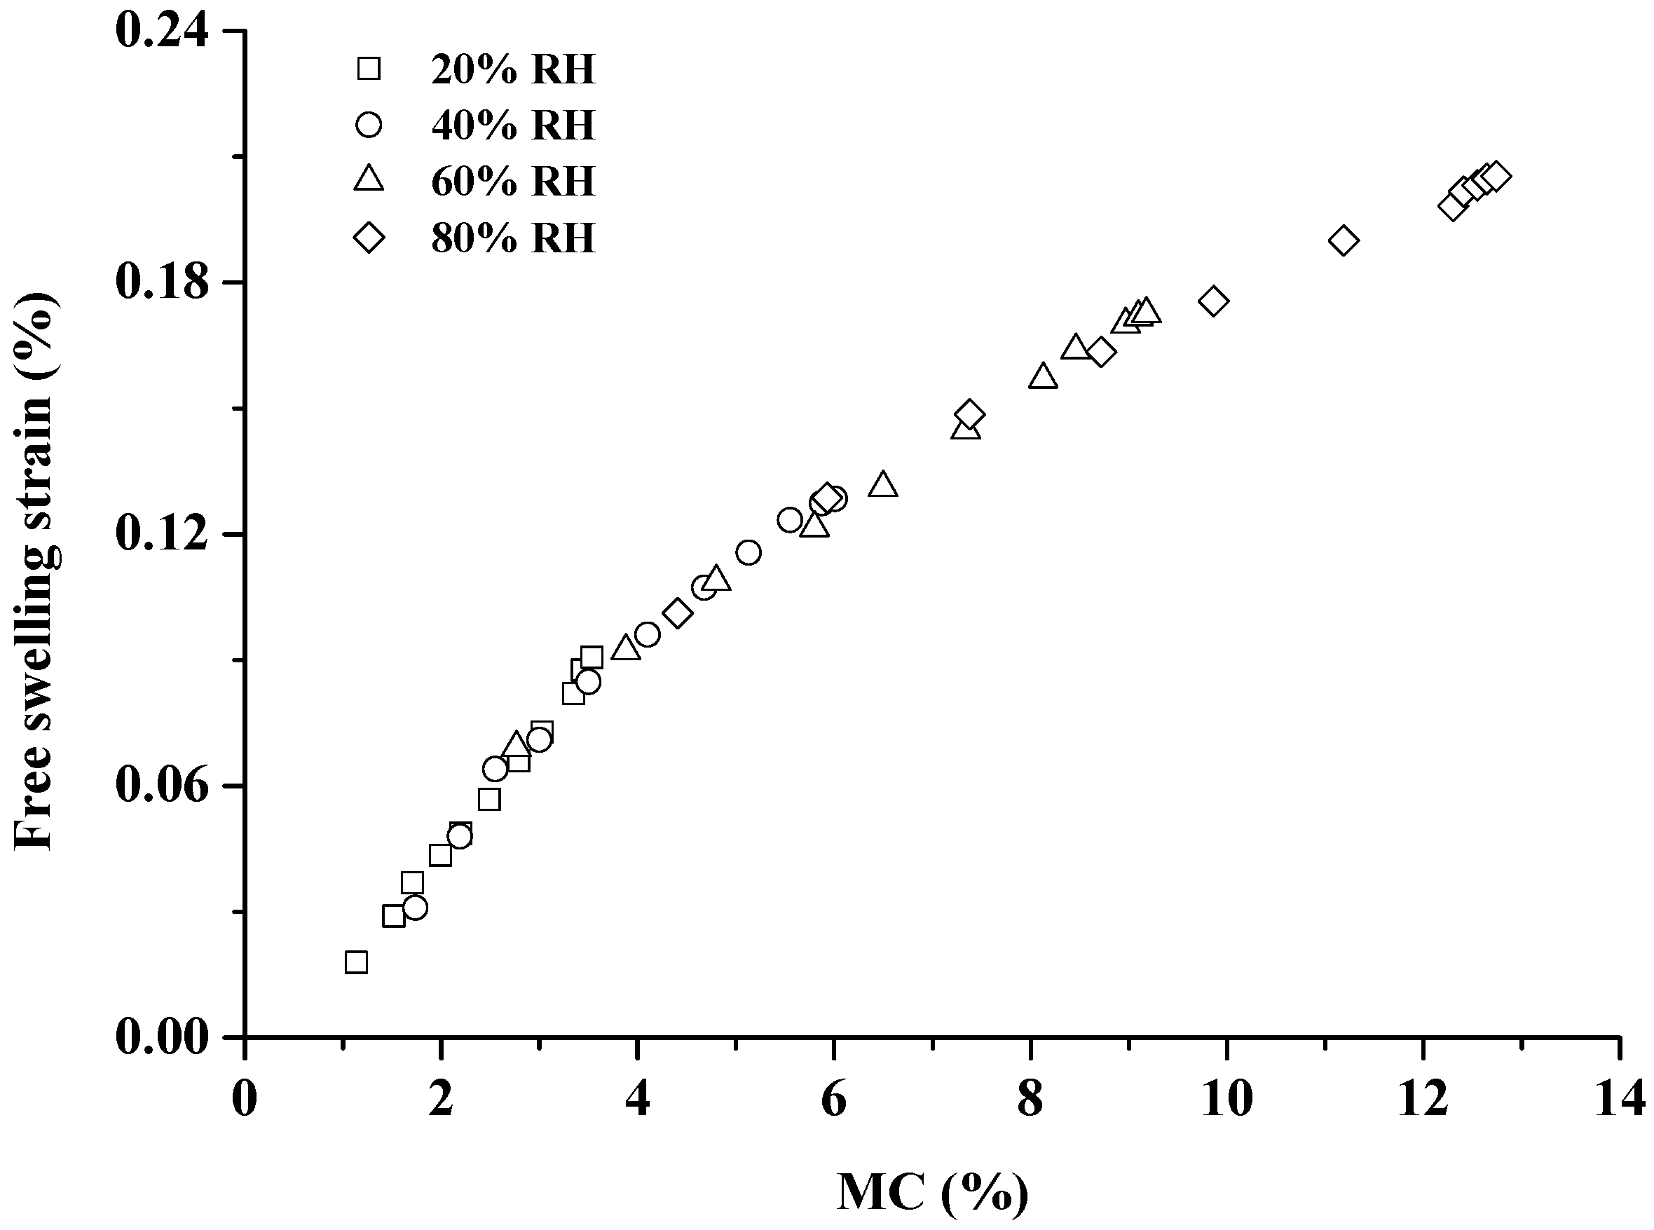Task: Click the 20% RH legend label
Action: click(513, 70)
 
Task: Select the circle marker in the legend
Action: click(369, 124)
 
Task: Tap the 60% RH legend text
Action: click(513, 182)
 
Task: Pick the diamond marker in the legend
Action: click(369, 238)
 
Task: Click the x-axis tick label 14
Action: click(1620, 1099)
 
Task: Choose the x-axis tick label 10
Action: click(1226, 1099)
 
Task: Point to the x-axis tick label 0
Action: click(245, 1099)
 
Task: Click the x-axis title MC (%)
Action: click(933, 1191)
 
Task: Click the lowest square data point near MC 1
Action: click(357, 963)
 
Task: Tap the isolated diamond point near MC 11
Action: click(1344, 240)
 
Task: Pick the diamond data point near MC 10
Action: click(1213, 301)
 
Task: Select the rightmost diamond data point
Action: click(1495, 177)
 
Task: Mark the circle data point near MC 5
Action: click(748, 552)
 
